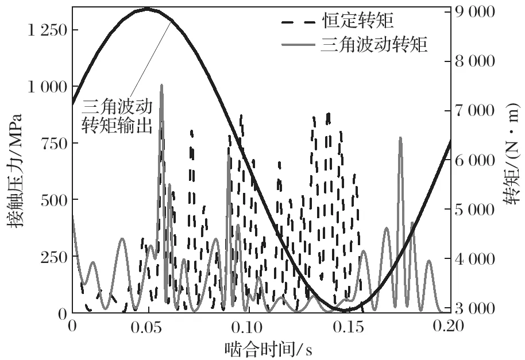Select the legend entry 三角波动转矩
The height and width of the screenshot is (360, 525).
374,45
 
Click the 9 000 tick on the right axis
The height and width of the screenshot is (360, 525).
474,11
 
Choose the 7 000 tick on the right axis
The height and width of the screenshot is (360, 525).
474,110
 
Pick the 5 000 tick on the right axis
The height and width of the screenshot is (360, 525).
474,209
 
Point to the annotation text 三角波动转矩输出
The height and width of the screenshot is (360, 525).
118,116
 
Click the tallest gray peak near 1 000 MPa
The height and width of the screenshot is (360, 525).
161,86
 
